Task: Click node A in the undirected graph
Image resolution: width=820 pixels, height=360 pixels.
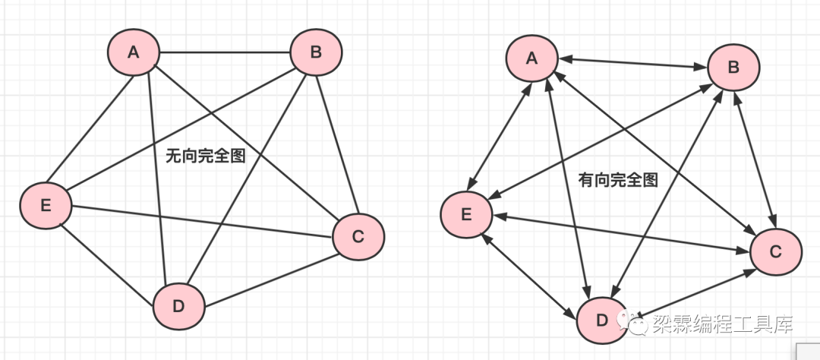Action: coord(134,52)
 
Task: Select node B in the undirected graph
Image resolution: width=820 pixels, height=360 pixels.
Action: coord(317,52)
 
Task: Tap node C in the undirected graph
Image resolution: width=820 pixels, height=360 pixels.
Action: coord(358,236)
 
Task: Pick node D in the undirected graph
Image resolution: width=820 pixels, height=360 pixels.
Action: coord(179,306)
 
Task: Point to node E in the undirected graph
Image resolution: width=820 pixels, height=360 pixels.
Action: coord(46,205)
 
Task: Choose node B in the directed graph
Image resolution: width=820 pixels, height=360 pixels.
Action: coord(733,67)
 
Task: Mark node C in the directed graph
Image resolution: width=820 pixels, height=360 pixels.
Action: coord(775,251)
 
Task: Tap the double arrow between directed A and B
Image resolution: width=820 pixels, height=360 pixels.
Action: coord(632,62)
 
